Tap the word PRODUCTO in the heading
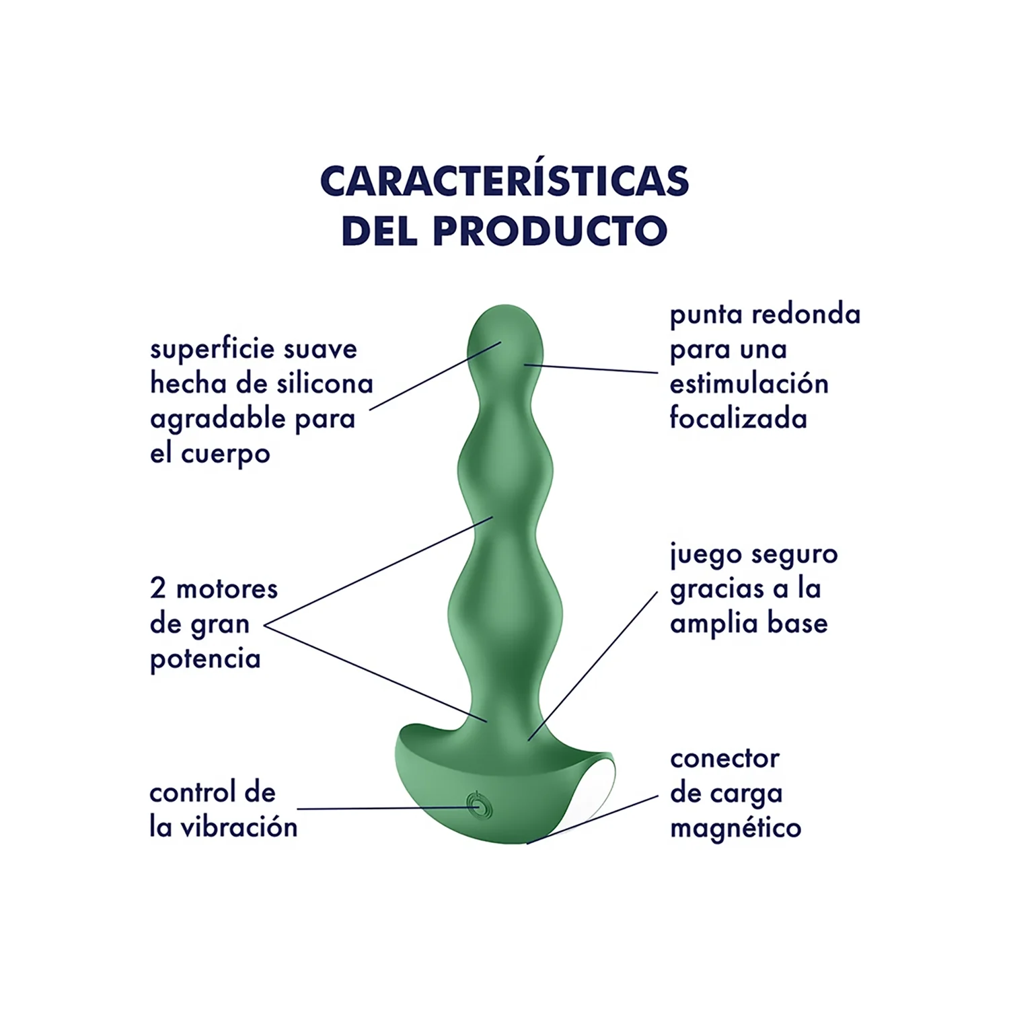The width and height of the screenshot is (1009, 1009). tap(550, 231)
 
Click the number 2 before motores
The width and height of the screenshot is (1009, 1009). tap(158, 589)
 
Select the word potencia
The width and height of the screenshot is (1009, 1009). tap(205, 660)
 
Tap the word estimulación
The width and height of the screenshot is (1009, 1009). tap(749, 384)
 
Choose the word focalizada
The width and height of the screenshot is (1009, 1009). tap(738, 418)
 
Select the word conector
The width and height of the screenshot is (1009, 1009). tap(724, 759)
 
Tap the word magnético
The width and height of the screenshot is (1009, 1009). tap(736, 829)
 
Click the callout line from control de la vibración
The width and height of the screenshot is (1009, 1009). tap(388, 808)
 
